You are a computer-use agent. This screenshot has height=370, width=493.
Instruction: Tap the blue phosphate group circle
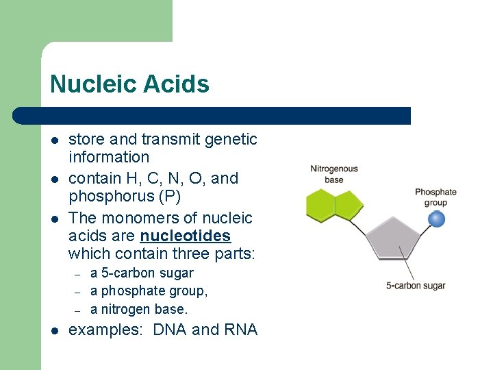[435, 219]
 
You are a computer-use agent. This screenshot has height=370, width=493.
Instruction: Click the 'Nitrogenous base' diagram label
[333, 174]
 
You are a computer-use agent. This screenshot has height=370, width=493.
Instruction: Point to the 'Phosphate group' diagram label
[435, 197]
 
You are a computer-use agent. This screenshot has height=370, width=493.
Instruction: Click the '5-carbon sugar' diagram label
[416, 286]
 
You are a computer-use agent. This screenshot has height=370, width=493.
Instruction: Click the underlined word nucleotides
[185, 236]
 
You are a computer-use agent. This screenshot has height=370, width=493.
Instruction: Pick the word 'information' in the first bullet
[109, 157]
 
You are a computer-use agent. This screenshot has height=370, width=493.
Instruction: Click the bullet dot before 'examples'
[54, 331]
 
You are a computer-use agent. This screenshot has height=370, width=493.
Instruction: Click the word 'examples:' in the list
[105, 330]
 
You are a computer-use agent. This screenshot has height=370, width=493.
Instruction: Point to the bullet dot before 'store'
[54, 140]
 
